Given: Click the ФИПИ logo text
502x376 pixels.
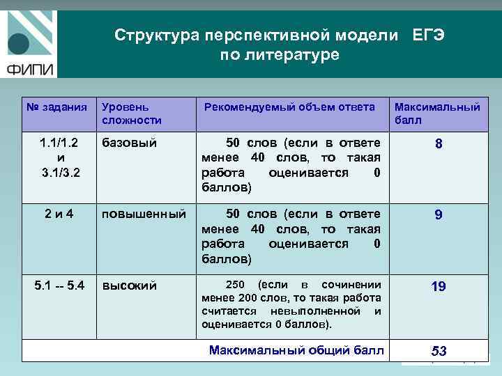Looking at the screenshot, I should click(32, 69).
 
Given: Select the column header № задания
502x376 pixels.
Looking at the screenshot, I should click(56, 107).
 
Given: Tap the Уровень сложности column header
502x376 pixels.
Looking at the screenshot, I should click(131, 113).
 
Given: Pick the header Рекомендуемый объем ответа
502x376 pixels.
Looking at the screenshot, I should click(289, 107).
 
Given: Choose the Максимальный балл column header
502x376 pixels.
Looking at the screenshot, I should click(437, 113).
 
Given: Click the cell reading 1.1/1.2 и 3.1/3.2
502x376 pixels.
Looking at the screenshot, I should click(59, 157).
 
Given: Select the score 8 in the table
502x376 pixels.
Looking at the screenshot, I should click(439, 144).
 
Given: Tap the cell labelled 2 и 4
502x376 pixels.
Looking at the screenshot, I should click(59, 214).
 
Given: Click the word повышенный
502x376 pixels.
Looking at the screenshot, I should click(144, 214).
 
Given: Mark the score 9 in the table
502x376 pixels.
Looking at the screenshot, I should click(438, 216).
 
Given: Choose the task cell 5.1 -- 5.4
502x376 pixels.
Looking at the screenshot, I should click(59, 285).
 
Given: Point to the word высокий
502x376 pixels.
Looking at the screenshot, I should click(130, 285).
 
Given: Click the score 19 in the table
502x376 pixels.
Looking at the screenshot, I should click(438, 286).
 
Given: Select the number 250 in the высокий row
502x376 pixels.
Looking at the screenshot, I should click(235, 285).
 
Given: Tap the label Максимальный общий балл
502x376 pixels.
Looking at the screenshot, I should click(296, 350).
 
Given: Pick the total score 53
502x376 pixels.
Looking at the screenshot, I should click(439, 351).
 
